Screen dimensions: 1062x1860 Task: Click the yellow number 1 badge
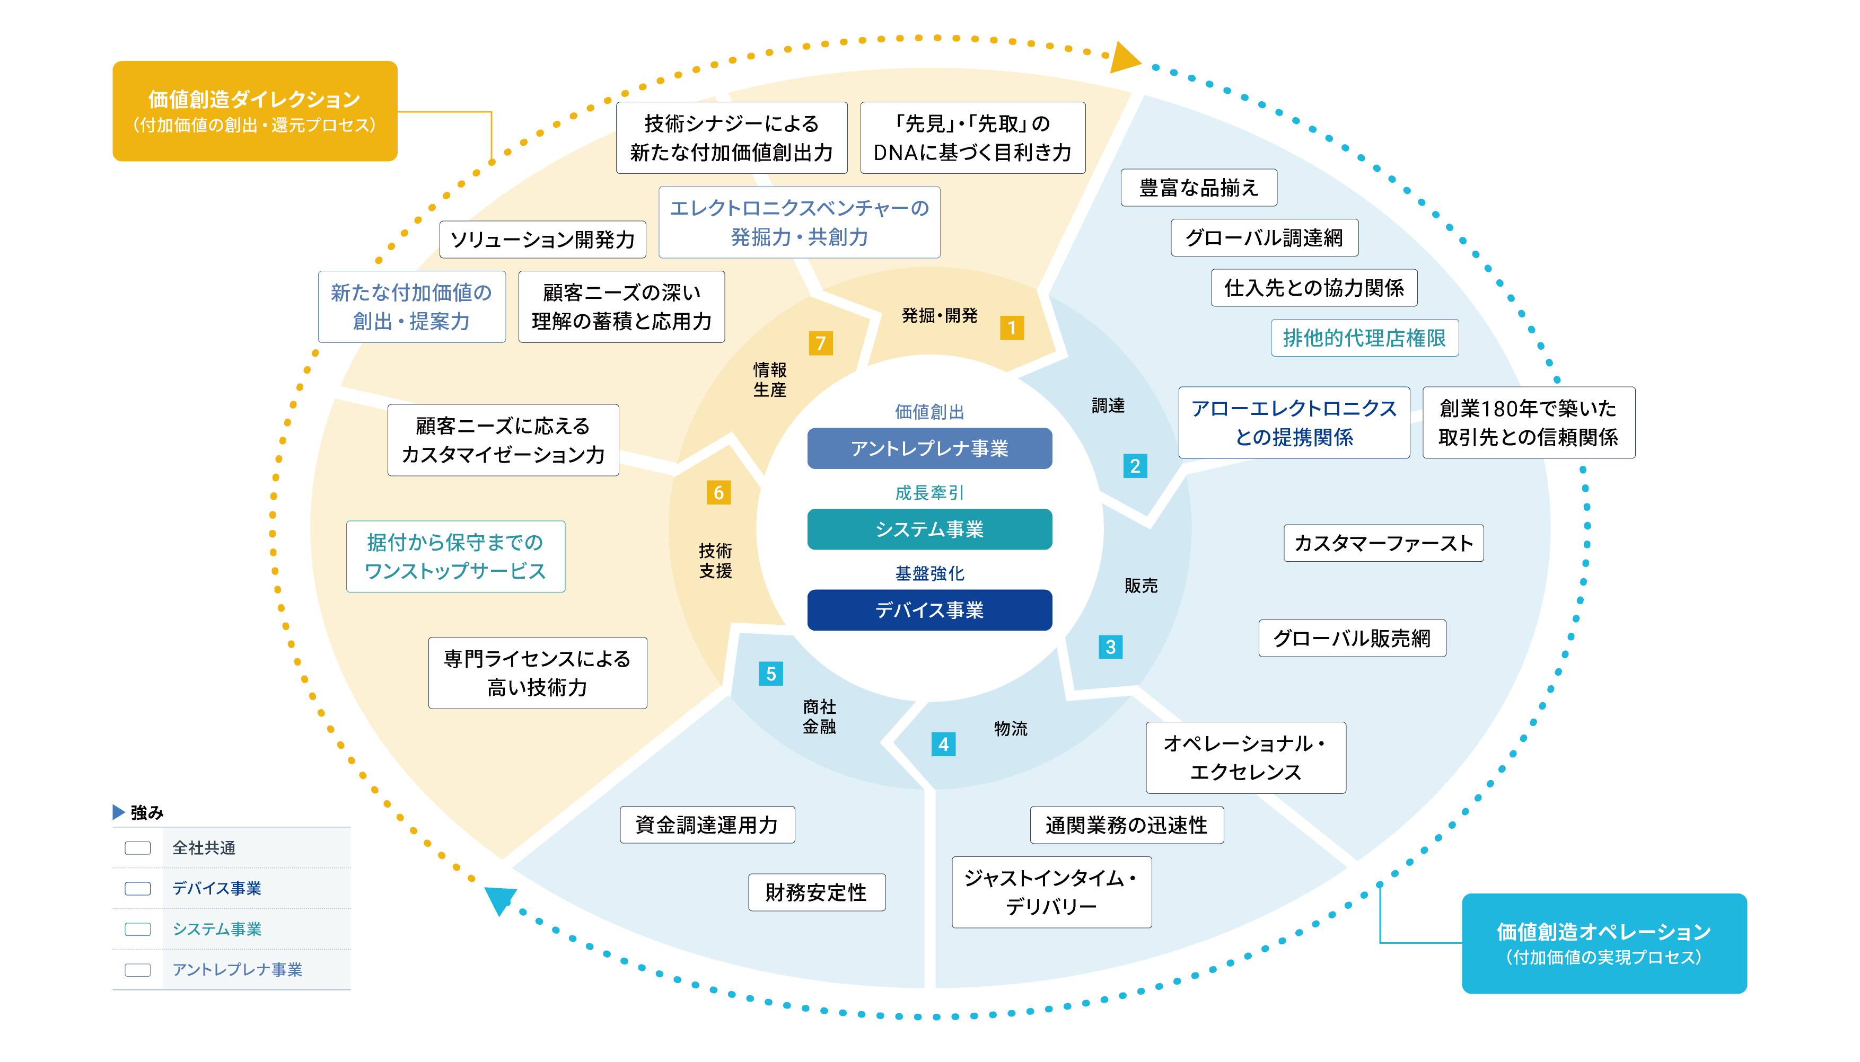[x=1011, y=328]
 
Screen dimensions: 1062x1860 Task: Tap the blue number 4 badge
[x=943, y=744]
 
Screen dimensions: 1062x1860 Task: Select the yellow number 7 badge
[x=820, y=343]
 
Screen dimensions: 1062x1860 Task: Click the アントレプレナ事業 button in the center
[x=929, y=448]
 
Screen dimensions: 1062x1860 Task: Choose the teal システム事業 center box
[x=929, y=529]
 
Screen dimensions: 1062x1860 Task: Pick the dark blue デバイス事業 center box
[x=929, y=610]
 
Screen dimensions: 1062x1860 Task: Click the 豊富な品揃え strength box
[x=1198, y=188]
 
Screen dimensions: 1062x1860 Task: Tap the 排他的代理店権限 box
[x=1364, y=338]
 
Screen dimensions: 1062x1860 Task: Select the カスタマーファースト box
[x=1383, y=543]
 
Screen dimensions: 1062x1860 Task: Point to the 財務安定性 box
[x=816, y=892]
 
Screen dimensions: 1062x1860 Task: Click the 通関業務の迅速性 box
[x=1126, y=825]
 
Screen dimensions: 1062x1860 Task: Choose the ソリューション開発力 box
[x=542, y=239]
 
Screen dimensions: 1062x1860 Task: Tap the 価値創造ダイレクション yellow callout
[x=255, y=111]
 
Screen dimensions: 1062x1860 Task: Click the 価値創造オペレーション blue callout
[x=1603, y=943]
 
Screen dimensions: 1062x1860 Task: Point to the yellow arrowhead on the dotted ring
[x=1123, y=58]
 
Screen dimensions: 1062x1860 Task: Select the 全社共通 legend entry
[x=203, y=847]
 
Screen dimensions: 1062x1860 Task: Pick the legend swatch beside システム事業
[x=137, y=930]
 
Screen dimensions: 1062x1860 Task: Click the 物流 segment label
[x=1010, y=728]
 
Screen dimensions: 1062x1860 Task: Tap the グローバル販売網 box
[x=1352, y=638]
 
